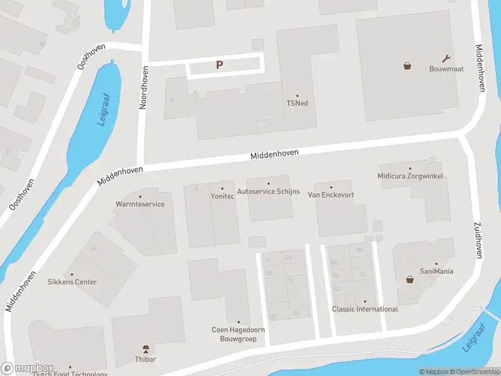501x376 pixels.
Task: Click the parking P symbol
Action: (219, 65)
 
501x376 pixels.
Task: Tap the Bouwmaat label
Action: (446, 69)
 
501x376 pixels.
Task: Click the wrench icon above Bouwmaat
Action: (446, 58)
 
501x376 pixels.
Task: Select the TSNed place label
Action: (297, 103)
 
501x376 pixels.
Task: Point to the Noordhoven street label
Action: (143, 88)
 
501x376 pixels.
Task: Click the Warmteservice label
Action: (140, 204)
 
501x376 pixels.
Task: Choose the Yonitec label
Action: (222, 196)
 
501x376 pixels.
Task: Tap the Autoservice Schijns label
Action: (269, 191)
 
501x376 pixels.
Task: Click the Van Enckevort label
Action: (331, 195)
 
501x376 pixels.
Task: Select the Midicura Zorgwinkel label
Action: (410, 176)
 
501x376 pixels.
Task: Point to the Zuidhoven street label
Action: (478, 240)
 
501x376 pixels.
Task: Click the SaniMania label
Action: (436, 271)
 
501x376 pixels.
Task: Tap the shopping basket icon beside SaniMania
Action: (410, 279)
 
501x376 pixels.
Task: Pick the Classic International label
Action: (364, 309)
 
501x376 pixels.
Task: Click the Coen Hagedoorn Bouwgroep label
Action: (238, 334)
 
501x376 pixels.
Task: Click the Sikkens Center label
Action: (72, 282)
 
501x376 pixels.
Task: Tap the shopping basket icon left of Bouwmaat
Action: (407, 65)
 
